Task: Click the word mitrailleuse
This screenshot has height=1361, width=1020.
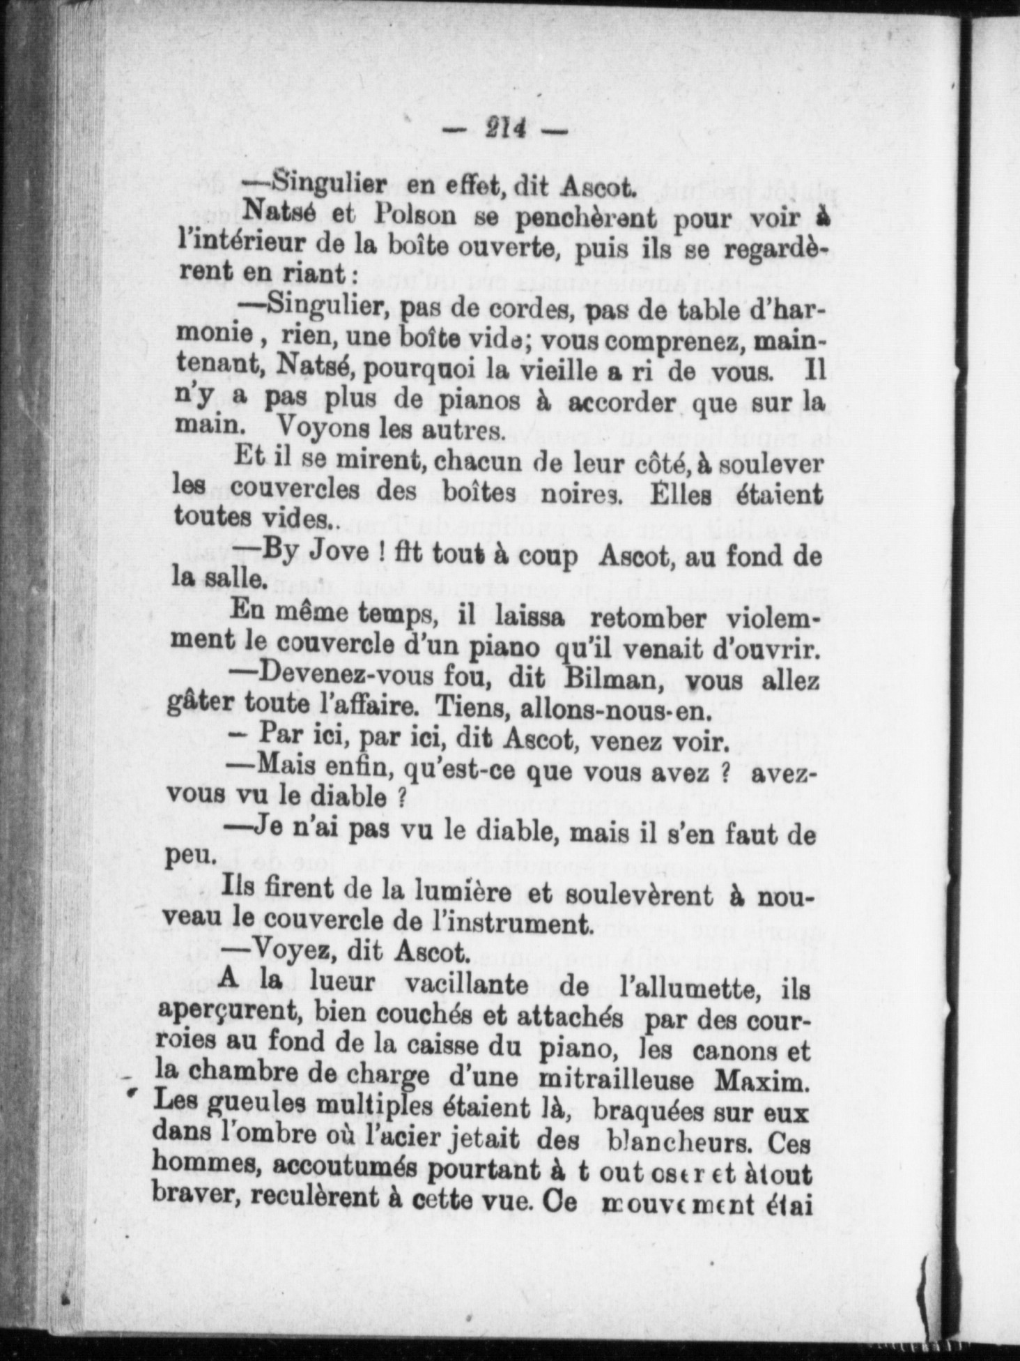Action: [622, 1080]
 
